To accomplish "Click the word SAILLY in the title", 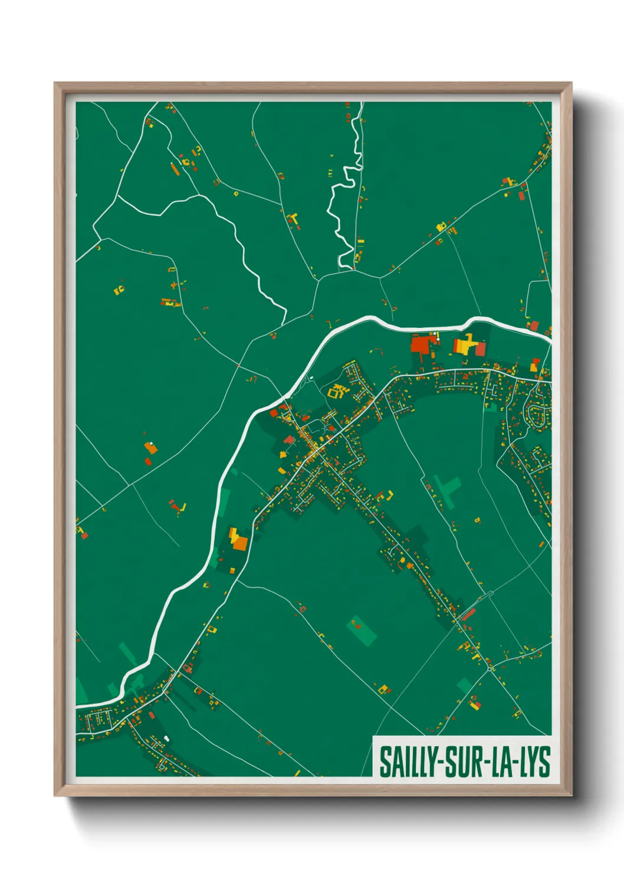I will pos(408,762).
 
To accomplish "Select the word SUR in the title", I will pos(462,762).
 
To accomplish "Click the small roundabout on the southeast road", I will pos(490,668).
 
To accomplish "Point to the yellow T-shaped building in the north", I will pos(293,220).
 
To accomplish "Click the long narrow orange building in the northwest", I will pos(174,169).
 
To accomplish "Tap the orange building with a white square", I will pos(151,447).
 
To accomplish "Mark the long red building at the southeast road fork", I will pos(469,615).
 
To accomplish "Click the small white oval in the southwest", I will pos(167,738).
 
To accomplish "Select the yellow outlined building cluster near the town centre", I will pos(337,391).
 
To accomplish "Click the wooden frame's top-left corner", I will pos(55,84).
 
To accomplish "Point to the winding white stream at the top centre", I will pos(342,195).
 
